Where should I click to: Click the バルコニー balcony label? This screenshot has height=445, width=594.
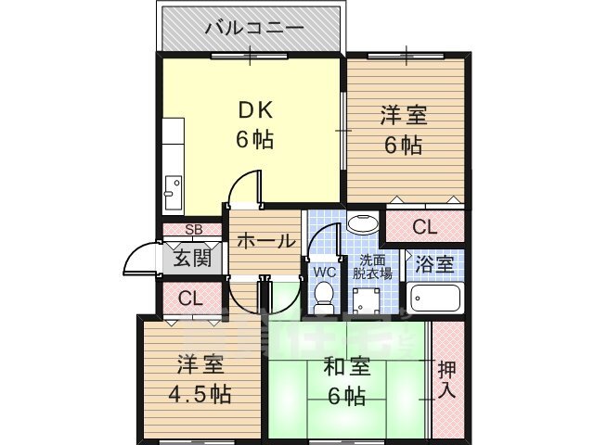(x=252, y=28)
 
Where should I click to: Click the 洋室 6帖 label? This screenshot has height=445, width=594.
(x=404, y=130)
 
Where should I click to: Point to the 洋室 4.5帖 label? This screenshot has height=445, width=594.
(x=199, y=379)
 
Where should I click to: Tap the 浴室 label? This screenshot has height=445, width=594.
(x=433, y=263)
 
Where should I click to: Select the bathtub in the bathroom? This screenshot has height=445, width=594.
(x=434, y=299)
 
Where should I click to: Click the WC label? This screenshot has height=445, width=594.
(x=324, y=272)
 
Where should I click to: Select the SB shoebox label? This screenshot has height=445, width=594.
(x=193, y=230)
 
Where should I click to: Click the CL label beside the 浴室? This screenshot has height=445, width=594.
(x=423, y=225)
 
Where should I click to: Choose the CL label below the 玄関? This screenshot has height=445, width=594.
(x=191, y=299)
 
